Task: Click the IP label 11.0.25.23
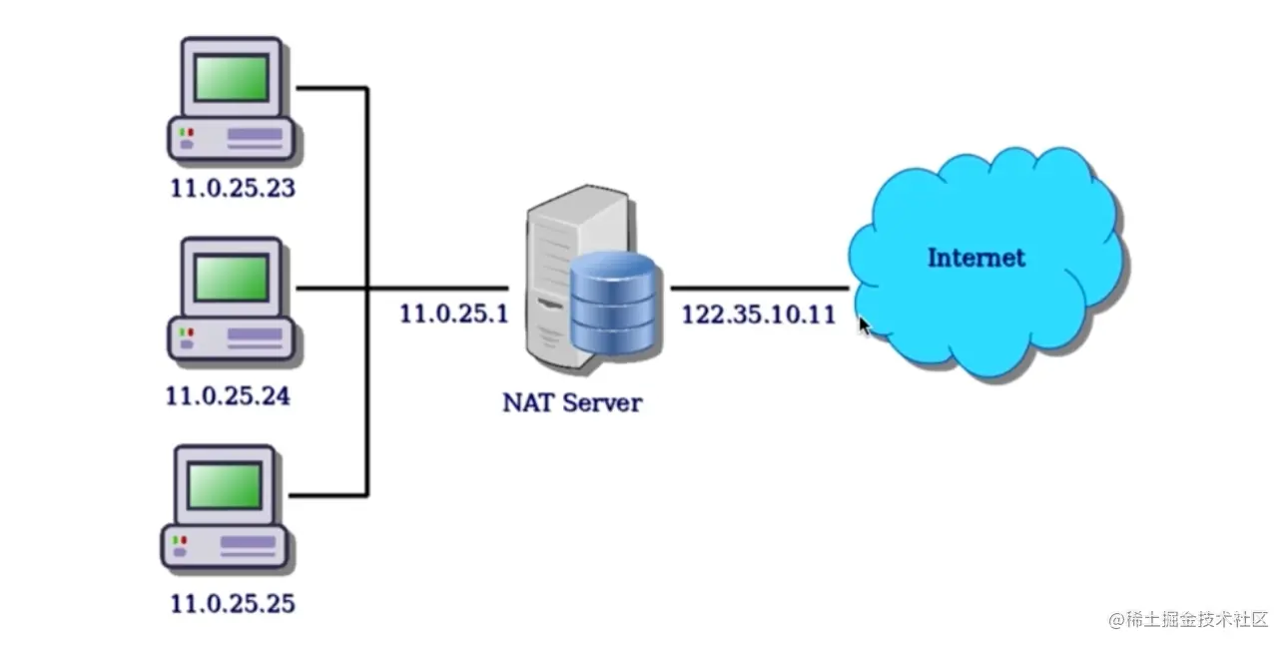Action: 232,188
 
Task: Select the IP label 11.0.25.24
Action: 228,396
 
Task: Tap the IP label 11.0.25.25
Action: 233,603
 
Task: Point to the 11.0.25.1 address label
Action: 454,314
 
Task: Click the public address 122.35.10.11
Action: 758,316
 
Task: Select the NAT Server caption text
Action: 571,403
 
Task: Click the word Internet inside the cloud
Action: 975,258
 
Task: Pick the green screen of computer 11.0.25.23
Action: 231,79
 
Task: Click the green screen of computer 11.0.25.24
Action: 231,279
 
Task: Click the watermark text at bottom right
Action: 1188,620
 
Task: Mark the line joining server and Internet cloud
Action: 759,289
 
